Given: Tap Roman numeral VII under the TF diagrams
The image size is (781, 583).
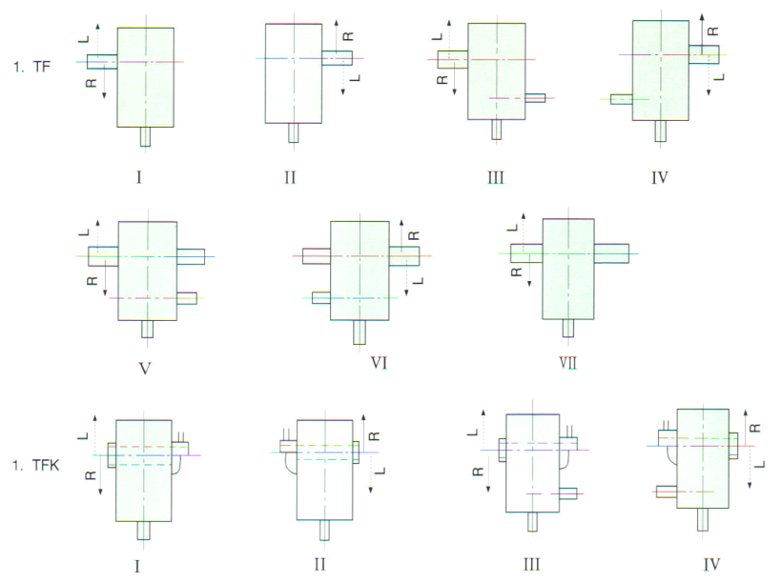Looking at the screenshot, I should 568,362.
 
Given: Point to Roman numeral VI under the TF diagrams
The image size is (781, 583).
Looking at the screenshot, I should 379,362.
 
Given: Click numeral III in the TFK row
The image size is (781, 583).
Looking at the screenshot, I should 531,564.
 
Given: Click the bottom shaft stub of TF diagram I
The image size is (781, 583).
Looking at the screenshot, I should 145,136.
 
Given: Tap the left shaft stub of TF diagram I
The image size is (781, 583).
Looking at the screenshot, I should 102,61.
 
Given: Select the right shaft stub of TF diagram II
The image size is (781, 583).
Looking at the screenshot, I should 337,58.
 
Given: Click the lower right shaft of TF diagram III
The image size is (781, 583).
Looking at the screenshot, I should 535,98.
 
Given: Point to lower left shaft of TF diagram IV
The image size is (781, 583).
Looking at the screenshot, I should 622,98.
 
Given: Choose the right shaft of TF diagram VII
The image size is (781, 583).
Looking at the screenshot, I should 611,253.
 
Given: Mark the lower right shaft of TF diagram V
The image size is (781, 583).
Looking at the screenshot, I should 187,298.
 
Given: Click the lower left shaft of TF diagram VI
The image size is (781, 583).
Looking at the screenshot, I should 321,297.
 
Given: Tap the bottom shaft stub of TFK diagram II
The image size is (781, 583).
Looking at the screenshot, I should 324,530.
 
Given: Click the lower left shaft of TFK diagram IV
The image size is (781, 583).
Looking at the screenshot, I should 667,491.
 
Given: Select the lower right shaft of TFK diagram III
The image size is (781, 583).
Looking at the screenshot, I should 567,493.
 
